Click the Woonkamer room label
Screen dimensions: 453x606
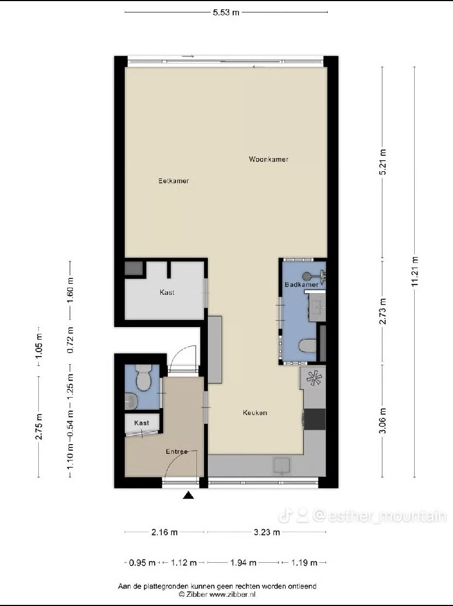tap(269, 159)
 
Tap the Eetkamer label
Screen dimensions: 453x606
tap(173, 180)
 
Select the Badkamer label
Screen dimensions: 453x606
tap(301, 284)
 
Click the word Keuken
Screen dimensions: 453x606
tap(255, 413)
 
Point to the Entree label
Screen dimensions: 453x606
tap(177, 451)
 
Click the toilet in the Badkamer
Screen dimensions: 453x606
tap(308, 346)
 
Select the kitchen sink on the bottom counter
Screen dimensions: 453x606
tap(282, 466)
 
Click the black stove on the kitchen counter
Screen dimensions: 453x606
tap(315, 419)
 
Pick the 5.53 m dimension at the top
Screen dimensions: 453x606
tap(226, 13)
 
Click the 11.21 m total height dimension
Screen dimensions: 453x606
tap(415, 272)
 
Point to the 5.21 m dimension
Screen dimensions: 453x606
tap(382, 162)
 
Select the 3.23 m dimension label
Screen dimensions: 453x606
tap(266, 532)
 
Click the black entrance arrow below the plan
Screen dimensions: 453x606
tap(188, 495)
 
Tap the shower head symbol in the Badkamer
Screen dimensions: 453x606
tap(307, 276)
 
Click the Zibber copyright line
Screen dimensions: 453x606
tap(217, 595)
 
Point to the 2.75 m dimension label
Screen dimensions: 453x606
tap(39, 426)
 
